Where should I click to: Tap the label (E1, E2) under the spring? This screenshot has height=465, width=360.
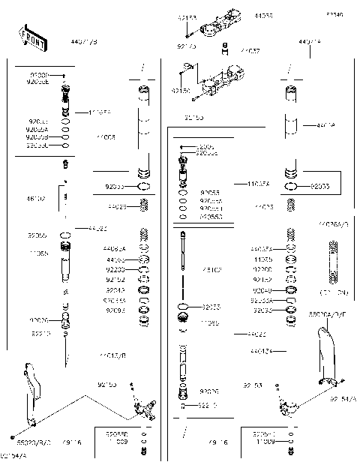(334, 291)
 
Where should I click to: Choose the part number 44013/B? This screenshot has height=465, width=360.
(112, 355)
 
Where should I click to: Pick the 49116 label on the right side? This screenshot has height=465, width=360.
(219, 442)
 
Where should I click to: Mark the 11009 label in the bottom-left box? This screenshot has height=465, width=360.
(116, 442)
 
